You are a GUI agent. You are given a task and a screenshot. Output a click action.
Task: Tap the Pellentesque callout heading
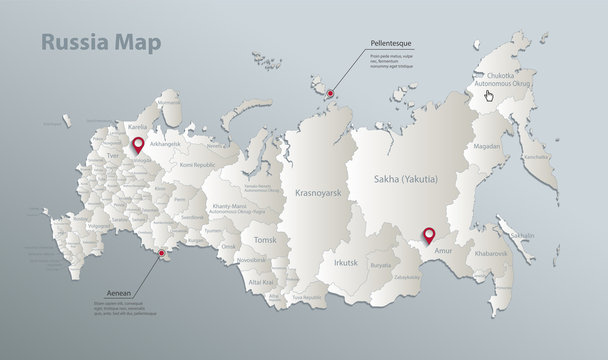[x=386, y=45]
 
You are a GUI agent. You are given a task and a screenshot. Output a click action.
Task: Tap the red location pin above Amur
[x=429, y=235]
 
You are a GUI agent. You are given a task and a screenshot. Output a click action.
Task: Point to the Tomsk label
[x=265, y=240]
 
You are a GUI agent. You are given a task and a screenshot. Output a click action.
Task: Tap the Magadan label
[x=487, y=146]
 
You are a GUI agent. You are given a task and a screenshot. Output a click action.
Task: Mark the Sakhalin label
[x=522, y=236]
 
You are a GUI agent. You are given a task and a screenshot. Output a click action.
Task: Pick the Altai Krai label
[x=261, y=283]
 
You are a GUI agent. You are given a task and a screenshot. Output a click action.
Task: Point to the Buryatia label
[x=381, y=266]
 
